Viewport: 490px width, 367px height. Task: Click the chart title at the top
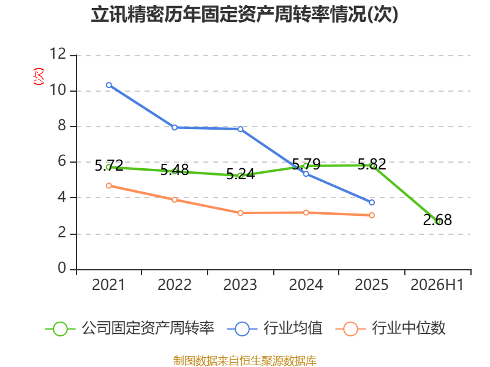(x=244, y=14)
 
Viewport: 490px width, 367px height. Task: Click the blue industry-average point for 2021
(x=109, y=85)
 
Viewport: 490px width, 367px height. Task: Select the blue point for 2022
(x=175, y=127)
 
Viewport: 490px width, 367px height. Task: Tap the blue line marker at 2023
(x=240, y=129)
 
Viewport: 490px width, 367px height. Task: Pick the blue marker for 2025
(x=372, y=202)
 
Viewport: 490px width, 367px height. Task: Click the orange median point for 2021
(x=109, y=186)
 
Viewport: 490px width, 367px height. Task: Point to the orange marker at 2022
(x=175, y=200)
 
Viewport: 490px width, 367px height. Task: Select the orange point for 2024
(x=306, y=212)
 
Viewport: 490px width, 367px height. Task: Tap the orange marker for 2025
(x=372, y=215)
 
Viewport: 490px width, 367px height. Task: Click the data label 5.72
(x=109, y=165)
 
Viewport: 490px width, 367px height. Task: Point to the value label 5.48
(x=175, y=170)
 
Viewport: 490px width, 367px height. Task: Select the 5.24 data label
(x=240, y=174)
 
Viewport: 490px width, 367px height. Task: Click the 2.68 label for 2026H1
(x=437, y=220)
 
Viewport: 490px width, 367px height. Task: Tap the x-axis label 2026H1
(x=437, y=284)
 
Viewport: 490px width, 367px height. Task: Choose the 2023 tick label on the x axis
(x=240, y=284)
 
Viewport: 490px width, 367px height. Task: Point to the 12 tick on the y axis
(x=58, y=54)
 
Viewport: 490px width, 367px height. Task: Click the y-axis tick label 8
(x=62, y=125)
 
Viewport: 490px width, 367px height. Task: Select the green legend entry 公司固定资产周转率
(x=130, y=328)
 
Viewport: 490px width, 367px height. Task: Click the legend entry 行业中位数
(x=391, y=328)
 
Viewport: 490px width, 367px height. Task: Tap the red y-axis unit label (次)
(x=39, y=76)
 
